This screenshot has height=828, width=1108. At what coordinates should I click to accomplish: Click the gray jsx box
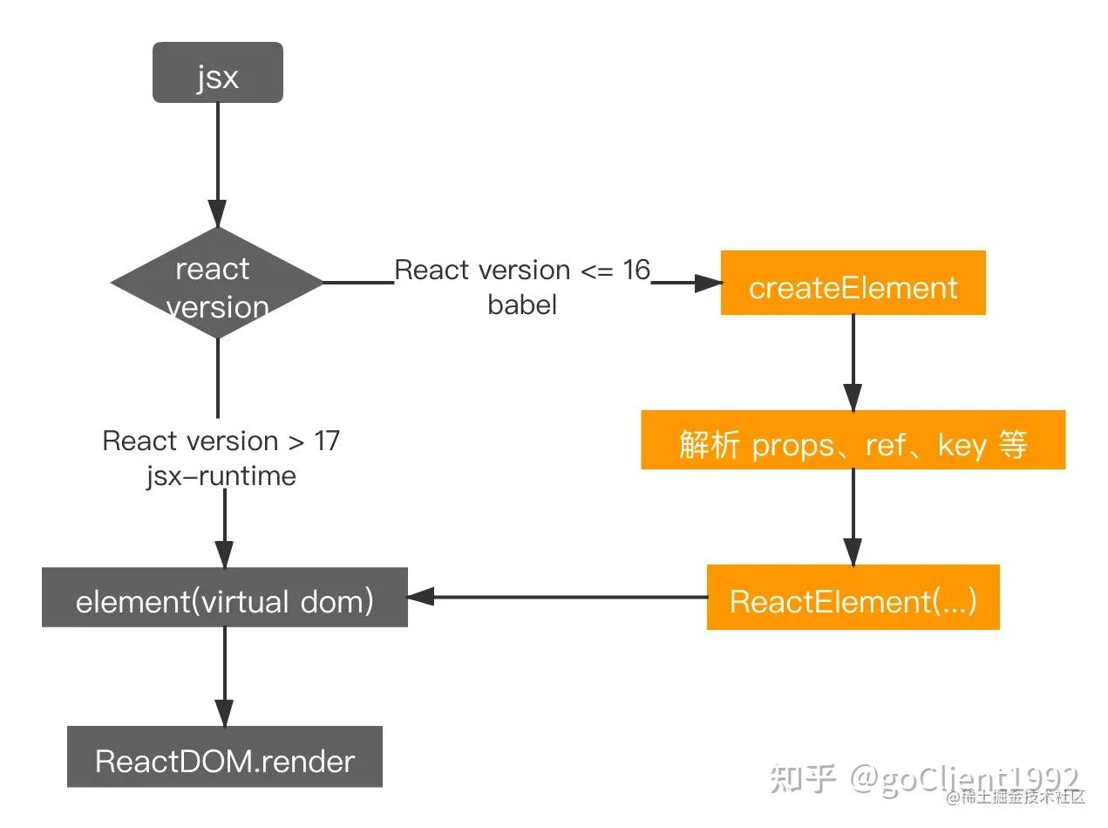click(x=217, y=73)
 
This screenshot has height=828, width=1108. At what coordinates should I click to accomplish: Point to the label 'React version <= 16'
click(x=522, y=270)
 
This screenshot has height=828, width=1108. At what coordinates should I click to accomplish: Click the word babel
click(x=522, y=305)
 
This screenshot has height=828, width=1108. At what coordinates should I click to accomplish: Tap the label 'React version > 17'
click(x=221, y=441)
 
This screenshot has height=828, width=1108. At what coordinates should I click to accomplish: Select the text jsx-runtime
click(x=221, y=476)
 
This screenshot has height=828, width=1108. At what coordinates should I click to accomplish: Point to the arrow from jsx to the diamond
click(x=217, y=166)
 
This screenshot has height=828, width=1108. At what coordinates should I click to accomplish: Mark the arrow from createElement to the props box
click(x=853, y=362)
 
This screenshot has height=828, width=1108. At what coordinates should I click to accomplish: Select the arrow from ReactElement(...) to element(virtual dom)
click(x=558, y=598)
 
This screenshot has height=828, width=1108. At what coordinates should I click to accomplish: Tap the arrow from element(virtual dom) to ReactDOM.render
click(x=224, y=676)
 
